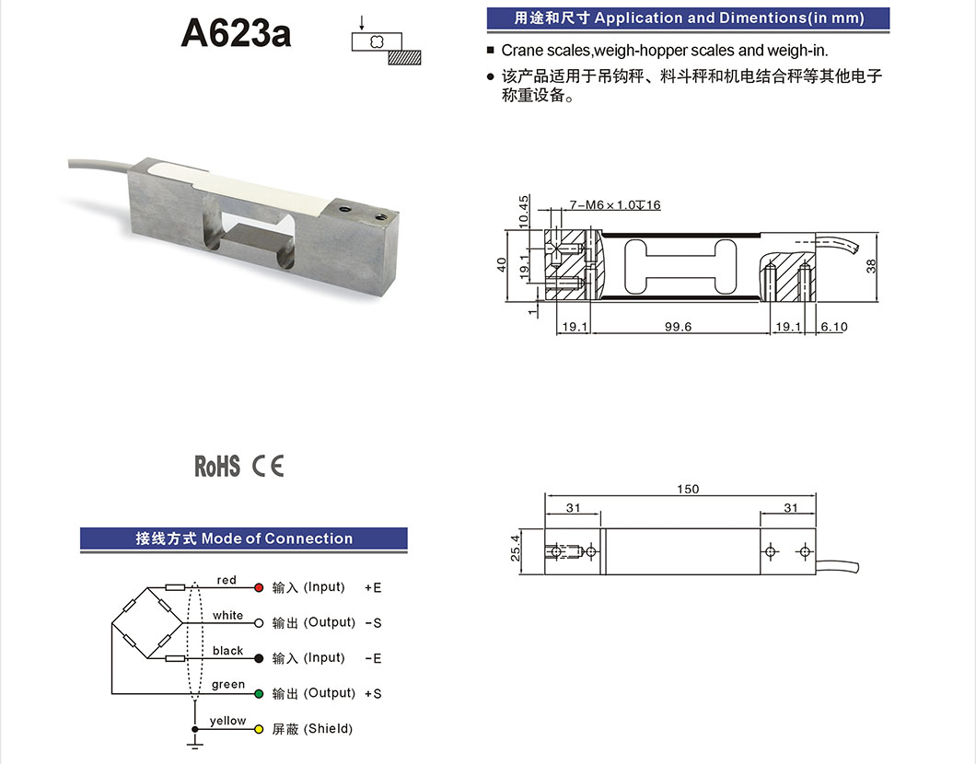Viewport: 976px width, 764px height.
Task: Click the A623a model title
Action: (237, 34)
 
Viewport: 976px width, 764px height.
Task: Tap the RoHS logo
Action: (216, 467)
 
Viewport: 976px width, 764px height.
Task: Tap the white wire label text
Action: (227, 616)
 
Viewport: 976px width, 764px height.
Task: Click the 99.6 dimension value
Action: (677, 327)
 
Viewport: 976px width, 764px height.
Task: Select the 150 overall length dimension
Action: (688, 489)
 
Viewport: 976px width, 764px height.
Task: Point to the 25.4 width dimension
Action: (516, 548)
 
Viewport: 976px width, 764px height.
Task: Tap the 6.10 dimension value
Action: (833, 327)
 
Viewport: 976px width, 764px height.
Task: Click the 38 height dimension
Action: (871, 266)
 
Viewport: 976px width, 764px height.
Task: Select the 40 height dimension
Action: (503, 263)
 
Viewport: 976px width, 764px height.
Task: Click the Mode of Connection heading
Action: (276, 538)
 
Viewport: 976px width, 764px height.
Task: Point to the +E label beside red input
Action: (373, 587)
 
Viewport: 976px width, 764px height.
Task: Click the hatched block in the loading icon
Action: (404, 57)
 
